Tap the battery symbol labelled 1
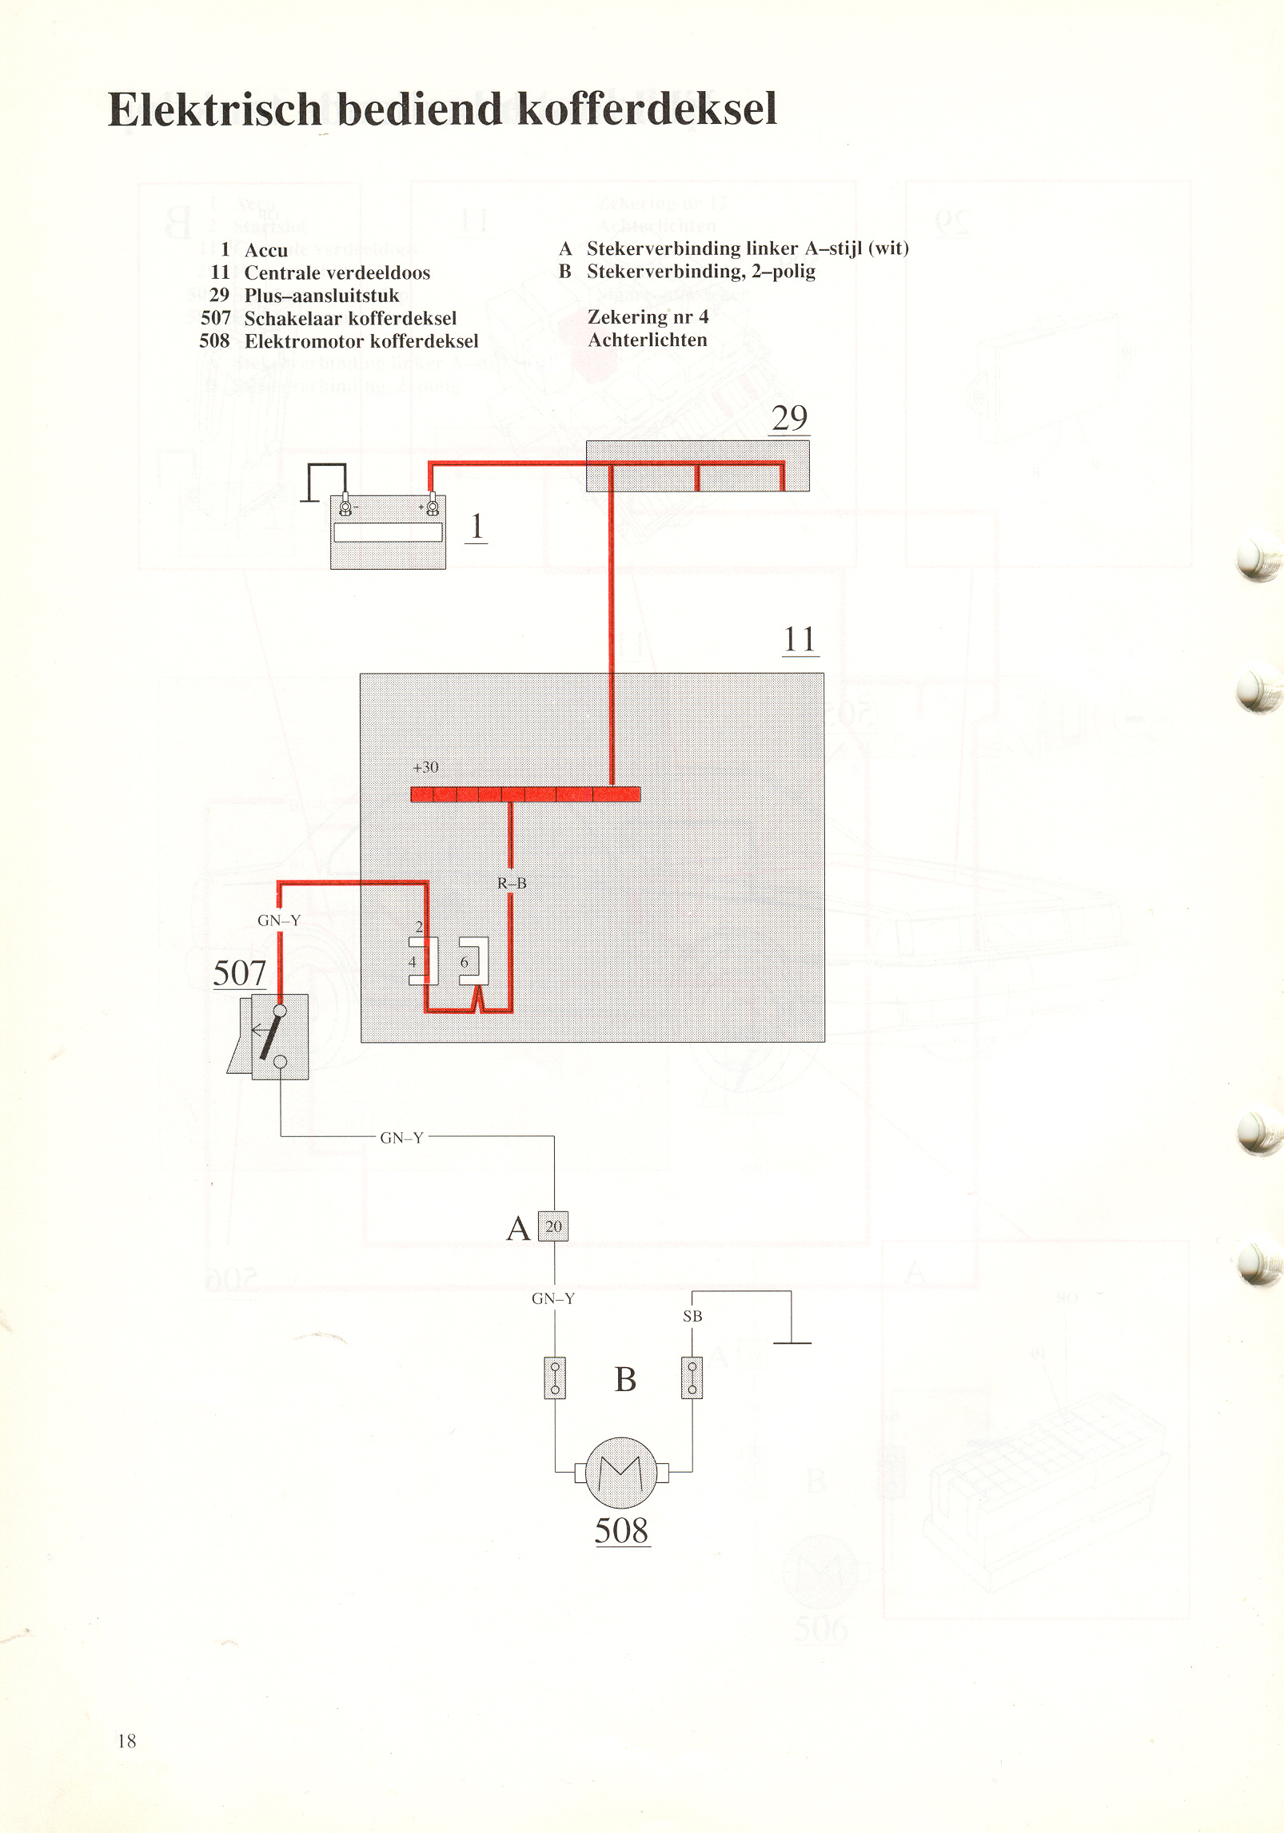[x=388, y=531]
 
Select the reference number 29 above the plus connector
[x=789, y=418]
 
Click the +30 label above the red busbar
[x=425, y=767]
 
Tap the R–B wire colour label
[x=512, y=883]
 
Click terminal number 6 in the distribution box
[x=464, y=962]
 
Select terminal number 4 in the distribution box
[x=413, y=961]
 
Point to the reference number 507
[x=240, y=973]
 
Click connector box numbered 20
[x=553, y=1227]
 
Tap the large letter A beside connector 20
[x=518, y=1228]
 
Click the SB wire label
[x=692, y=1316]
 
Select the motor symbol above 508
[x=621, y=1472]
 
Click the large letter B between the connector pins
[x=625, y=1379]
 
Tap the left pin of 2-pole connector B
[x=555, y=1378]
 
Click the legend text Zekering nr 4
[x=648, y=317]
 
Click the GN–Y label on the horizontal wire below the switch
[x=401, y=1138]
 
